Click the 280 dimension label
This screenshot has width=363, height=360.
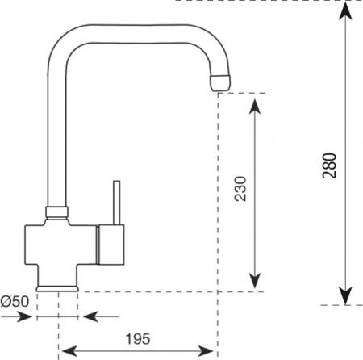pyautogui.click(x=329, y=165)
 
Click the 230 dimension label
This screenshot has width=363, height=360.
pyautogui.click(x=240, y=188)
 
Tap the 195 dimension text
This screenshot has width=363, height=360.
pyautogui.click(x=138, y=339)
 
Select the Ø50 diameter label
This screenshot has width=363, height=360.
pyautogui.click(x=15, y=301)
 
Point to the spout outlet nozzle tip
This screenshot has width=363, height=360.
pyautogui.click(x=220, y=83)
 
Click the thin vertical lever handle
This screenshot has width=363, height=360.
pyautogui.click(x=116, y=203)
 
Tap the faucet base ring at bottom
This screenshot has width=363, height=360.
pyautogui.click(x=57, y=288)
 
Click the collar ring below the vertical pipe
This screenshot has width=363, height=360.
pyautogui.click(x=56, y=212)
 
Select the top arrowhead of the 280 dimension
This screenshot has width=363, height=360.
pyautogui.click(x=345, y=11)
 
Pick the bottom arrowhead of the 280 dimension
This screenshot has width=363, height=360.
pyautogui.click(x=345, y=295)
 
